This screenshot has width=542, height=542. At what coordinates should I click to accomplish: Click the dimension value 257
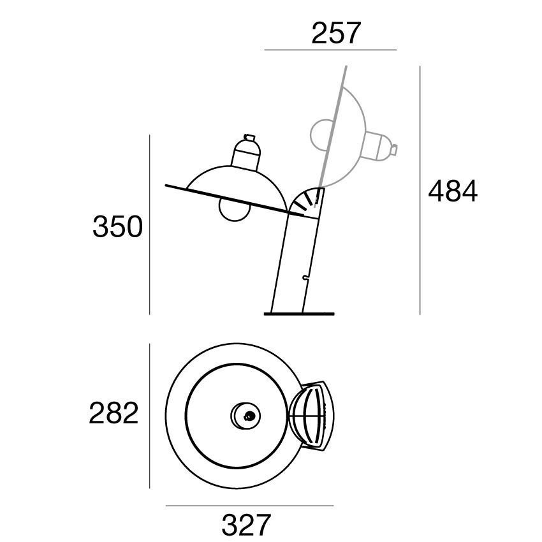tap(336, 33)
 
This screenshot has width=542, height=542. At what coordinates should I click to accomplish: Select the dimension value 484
tap(453, 191)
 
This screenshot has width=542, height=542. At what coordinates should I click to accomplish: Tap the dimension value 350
tap(117, 226)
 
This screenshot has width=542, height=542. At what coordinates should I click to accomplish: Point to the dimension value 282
tap(114, 413)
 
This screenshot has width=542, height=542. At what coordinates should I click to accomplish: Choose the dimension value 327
tap(246, 524)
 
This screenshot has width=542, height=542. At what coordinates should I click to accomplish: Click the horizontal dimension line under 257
tap(330, 50)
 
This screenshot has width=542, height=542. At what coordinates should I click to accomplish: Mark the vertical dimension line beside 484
tap(420, 191)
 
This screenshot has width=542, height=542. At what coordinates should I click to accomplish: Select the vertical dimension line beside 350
tap(150, 224)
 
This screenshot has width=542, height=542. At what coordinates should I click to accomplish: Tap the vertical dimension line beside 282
tap(150, 416)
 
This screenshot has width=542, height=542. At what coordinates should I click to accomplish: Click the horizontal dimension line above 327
tap(249, 506)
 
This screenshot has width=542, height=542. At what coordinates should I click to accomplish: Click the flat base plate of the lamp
tap(299, 314)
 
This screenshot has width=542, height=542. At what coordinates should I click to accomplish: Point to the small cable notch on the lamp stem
tap(305, 277)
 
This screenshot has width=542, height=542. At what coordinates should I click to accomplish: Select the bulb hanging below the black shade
tap(234, 210)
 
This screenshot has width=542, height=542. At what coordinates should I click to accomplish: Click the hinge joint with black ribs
tap(306, 203)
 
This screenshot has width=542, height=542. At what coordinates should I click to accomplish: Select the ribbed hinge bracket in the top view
tap(311, 416)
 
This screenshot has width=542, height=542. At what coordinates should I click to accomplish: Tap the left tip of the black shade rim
tap(166, 186)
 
